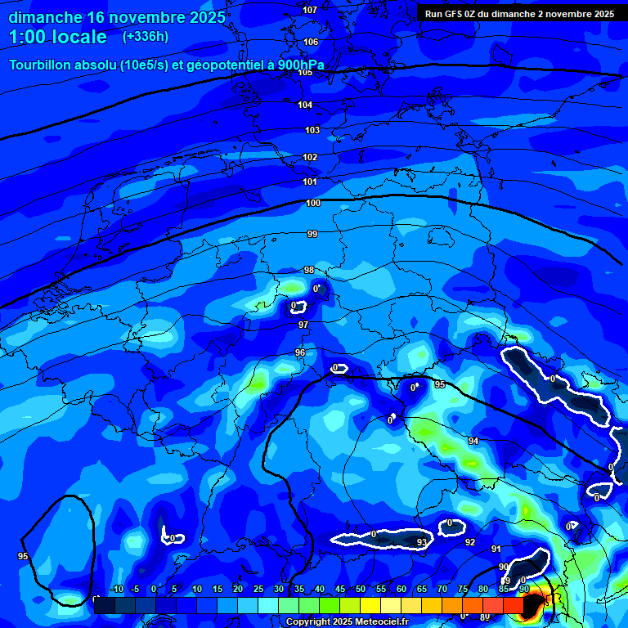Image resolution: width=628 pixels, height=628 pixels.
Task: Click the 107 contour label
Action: click(x=310, y=10)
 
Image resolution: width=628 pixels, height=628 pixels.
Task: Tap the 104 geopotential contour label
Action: click(x=305, y=105)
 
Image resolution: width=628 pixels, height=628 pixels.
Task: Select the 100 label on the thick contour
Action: click(x=313, y=203)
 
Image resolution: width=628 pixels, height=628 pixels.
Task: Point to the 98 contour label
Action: click(x=309, y=270)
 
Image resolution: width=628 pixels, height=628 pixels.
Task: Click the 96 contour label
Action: click(x=300, y=352)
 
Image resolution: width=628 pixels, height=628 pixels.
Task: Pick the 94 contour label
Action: click(x=473, y=441)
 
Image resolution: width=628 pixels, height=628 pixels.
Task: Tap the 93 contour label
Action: click(x=422, y=542)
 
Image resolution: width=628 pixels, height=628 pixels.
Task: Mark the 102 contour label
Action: click(x=310, y=157)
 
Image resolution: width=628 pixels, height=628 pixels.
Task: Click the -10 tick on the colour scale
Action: click(x=116, y=589)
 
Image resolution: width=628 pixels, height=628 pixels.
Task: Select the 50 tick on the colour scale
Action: click(x=361, y=589)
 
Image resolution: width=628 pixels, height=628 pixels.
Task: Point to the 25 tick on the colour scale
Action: click(x=258, y=589)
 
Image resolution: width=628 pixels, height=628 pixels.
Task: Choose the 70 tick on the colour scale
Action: click(x=442, y=589)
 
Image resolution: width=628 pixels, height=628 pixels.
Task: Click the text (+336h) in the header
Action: click(x=146, y=36)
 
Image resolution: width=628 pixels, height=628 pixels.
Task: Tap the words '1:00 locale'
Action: click(x=58, y=37)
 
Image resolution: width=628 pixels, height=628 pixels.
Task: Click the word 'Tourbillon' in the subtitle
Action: click(x=40, y=65)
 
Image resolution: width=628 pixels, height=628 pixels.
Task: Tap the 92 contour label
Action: click(x=470, y=542)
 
